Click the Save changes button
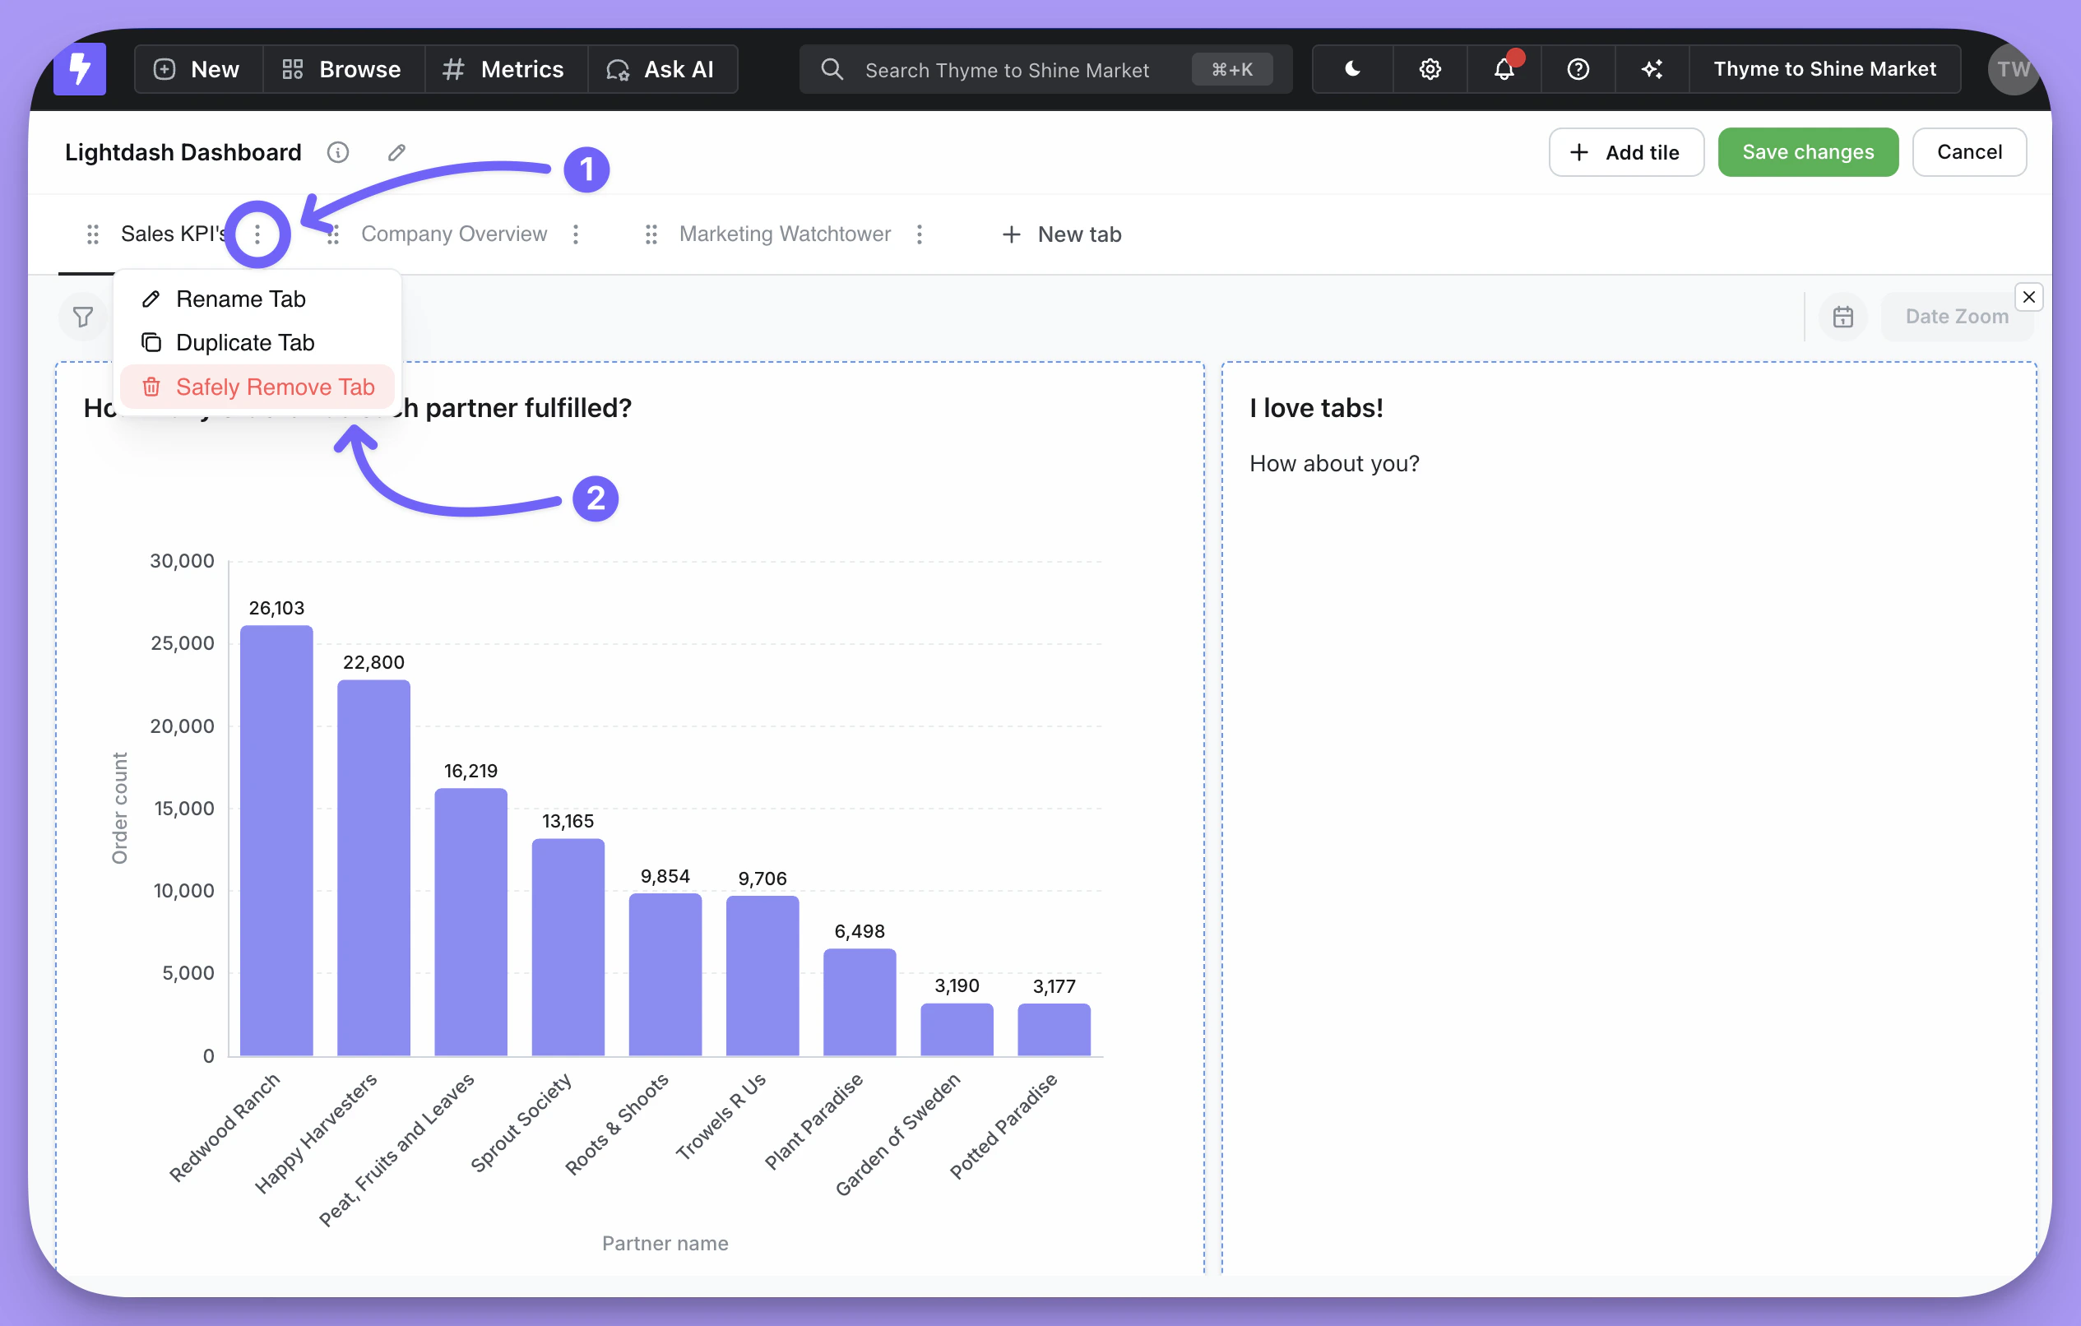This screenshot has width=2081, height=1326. (1807, 152)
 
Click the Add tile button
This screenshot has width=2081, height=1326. (1625, 152)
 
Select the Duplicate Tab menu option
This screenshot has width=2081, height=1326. (244, 342)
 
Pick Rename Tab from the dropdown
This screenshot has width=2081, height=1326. (240, 299)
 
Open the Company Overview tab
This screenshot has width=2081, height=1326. (454, 234)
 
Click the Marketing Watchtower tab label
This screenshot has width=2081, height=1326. (784, 234)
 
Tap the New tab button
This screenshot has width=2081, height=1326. (1062, 234)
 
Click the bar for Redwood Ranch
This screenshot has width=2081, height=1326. (276, 838)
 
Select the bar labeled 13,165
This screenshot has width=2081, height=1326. (568, 946)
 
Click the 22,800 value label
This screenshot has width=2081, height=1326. (373, 662)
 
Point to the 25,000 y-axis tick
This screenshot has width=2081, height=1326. (183, 643)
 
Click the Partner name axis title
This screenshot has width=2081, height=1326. (665, 1243)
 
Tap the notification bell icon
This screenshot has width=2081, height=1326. (1504, 69)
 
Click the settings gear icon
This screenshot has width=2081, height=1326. (1430, 69)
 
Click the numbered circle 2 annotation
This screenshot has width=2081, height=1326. (596, 498)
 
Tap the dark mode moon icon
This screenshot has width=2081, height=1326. (1352, 69)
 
